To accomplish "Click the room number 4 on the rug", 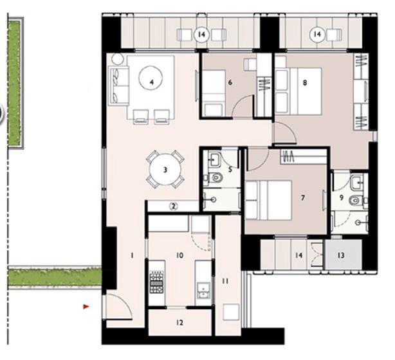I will click(x=151, y=82).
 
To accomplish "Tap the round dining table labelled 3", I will click(x=165, y=170).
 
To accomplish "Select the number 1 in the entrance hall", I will click(x=131, y=256).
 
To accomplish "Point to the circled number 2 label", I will click(x=173, y=206).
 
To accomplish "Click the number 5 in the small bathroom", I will click(x=230, y=170).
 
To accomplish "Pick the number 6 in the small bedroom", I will click(x=230, y=82).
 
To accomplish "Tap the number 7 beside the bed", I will click(x=302, y=198).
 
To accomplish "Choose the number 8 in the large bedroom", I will click(x=304, y=82).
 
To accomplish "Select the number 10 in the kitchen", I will click(x=179, y=256).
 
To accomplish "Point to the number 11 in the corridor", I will click(x=225, y=280).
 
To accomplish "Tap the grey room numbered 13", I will click(x=340, y=255).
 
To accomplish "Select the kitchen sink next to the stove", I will click(x=203, y=291).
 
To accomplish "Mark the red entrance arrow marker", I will click(x=86, y=307).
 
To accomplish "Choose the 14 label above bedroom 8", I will click(x=317, y=33).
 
